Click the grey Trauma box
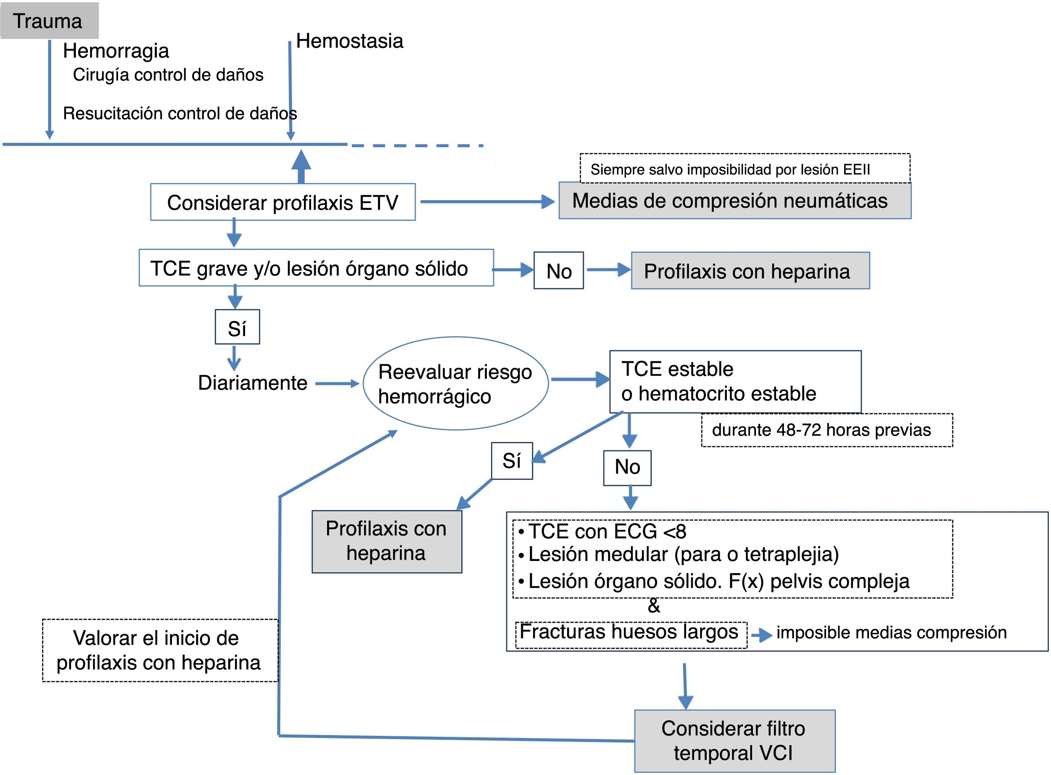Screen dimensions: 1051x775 coord(49,21)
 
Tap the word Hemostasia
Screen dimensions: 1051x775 coord(349,41)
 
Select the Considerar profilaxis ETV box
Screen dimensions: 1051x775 coord(283,202)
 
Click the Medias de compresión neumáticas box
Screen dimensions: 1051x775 coord(735,201)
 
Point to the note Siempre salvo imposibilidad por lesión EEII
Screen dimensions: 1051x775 coord(745,169)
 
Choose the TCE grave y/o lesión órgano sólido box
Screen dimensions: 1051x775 coord(316,267)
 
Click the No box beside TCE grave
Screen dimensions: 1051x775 coord(559,270)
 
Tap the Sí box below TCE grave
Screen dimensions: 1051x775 coord(237,327)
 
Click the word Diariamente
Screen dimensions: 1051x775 coord(252,383)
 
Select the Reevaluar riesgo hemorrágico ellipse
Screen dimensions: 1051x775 coord(455,383)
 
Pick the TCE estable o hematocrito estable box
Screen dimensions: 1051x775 coord(735,381)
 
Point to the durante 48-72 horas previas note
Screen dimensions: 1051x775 coord(827,430)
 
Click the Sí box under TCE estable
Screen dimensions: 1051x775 coord(512,461)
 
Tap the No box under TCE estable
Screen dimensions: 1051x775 coord(627,468)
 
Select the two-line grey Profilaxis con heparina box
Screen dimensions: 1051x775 coord(387,541)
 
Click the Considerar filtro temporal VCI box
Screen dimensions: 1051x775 coord(735,741)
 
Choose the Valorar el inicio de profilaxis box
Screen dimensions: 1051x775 coord(160,650)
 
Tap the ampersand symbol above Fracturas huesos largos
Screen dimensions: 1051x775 coord(654,606)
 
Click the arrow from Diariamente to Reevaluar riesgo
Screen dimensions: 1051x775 coord(337,384)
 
